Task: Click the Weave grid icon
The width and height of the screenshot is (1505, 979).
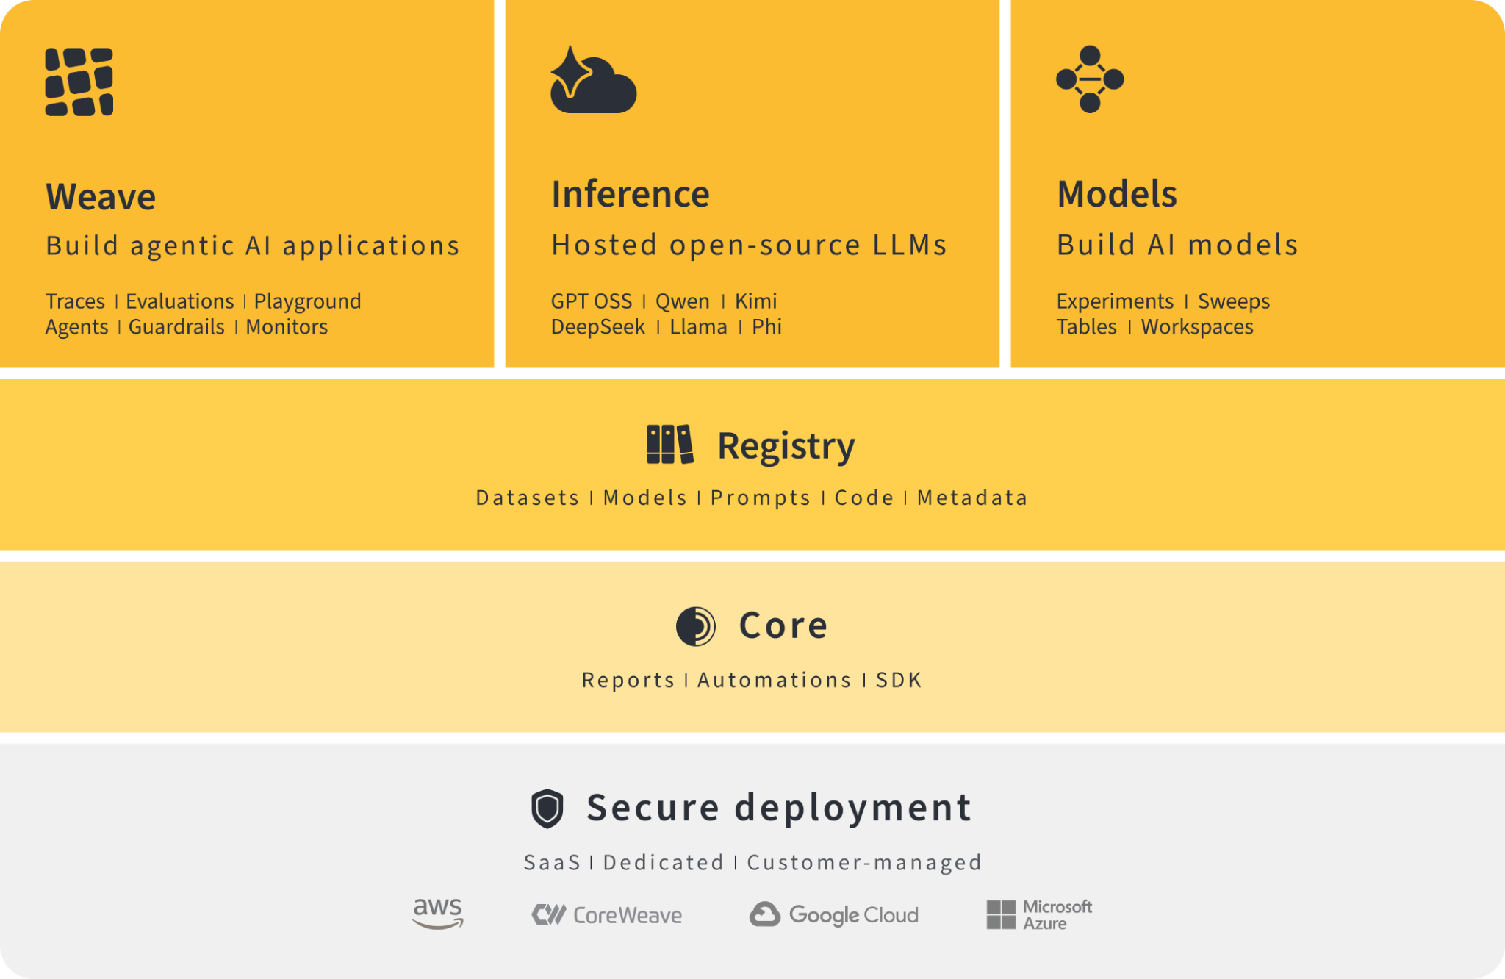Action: pyautogui.click(x=79, y=82)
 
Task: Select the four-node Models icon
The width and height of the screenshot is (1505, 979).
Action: pyautogui.click(x=1090, y=79)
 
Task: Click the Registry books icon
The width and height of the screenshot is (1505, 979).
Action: pyautogui.click(x=669, y=445)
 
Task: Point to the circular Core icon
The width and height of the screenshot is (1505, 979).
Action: pyautogui.click(x=695, y=626)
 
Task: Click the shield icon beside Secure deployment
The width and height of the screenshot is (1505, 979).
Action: pyautogui.click(x=547, y=808)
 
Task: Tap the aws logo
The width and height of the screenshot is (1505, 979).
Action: pyautogui.click(x=438, y=914)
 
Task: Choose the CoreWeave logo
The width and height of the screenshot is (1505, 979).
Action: pyautogui.click(x=607, y=915)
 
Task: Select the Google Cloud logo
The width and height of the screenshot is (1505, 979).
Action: pyautogui.click(x=834, y=915)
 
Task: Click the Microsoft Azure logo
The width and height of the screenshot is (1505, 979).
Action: pyautogui.click(x=1039, y=915)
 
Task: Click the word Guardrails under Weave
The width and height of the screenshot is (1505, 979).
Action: pyautogui.click(x=176, y=327)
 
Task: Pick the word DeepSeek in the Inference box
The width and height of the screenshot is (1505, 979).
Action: pyautogui.click(x=598, y=327)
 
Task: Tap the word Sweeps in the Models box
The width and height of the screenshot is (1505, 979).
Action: pyautogui.click(x=1234, y=301)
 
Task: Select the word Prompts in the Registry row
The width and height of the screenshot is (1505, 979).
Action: pyautogui.click(x=761, y=498)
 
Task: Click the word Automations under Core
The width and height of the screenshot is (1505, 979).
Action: pyautogui.click(x=775, y=680)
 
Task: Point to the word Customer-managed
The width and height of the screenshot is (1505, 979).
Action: pyautogui.click(x=864, y=862)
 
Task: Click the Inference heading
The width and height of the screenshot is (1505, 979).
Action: pyautogui.click(x=631, y=194)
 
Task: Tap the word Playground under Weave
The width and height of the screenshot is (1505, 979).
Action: pyautogui.click(x=307, y=302)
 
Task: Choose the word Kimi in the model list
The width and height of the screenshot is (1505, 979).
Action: pyautogui.click(x=756, y=301)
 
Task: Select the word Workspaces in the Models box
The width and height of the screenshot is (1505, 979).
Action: pyautogui.click(x=1197, y=327)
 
